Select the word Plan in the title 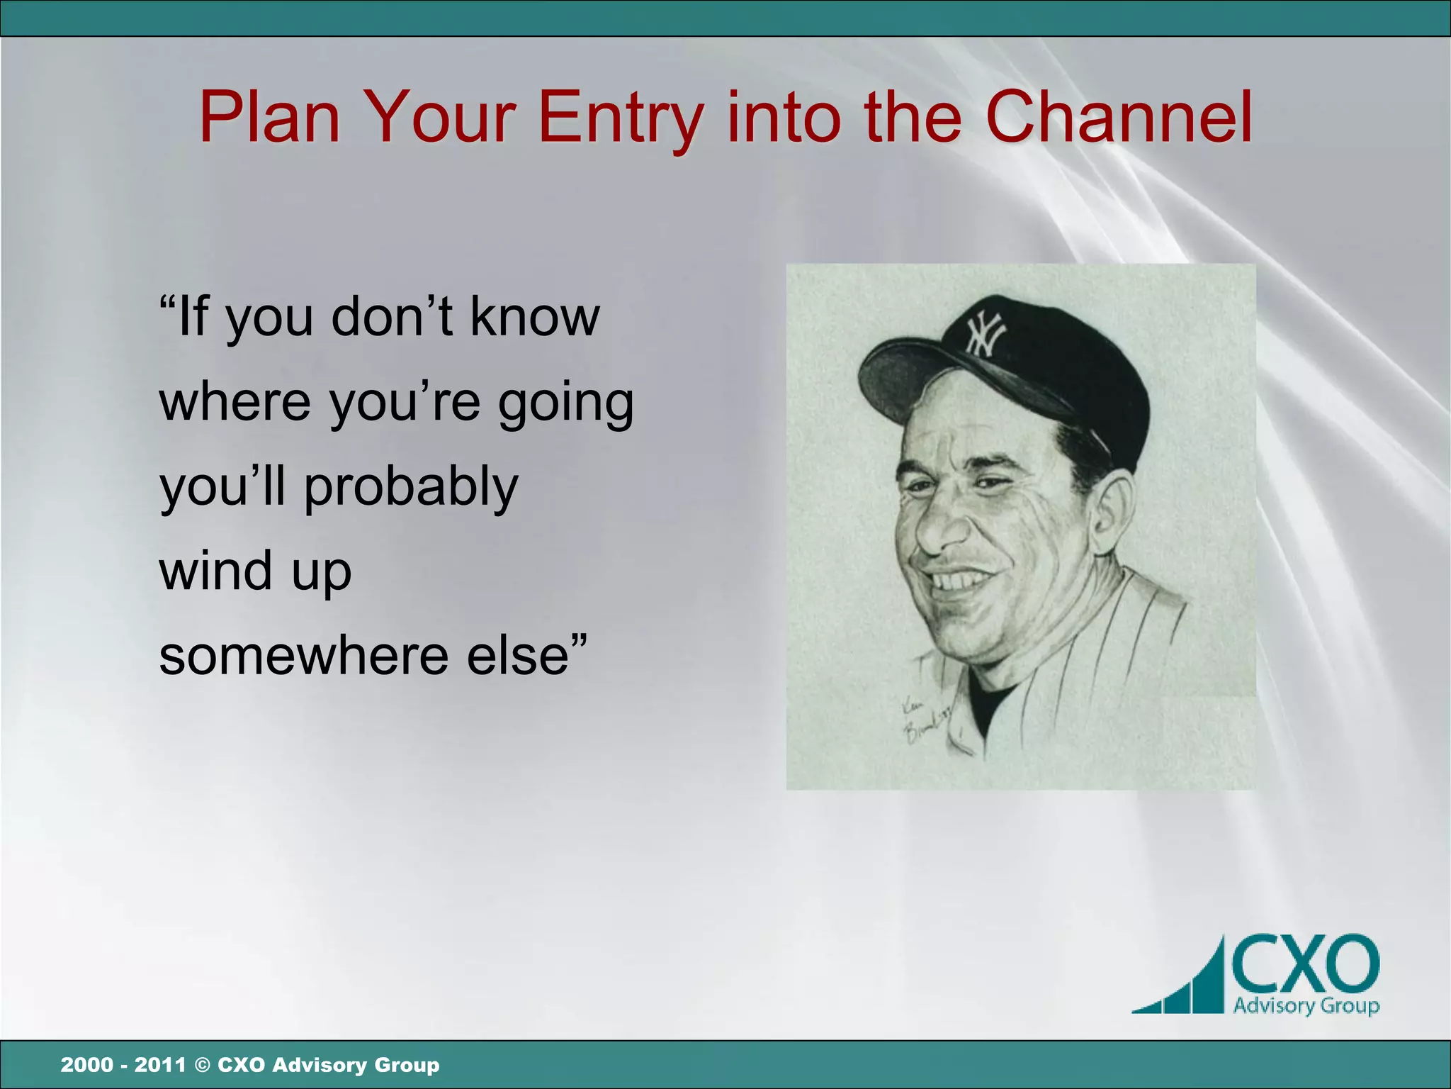(269, 117)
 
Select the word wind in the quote (215, 571)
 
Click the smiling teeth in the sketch (956, 581)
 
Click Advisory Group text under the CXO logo (1306, 1005)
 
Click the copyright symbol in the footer (202, 1065)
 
